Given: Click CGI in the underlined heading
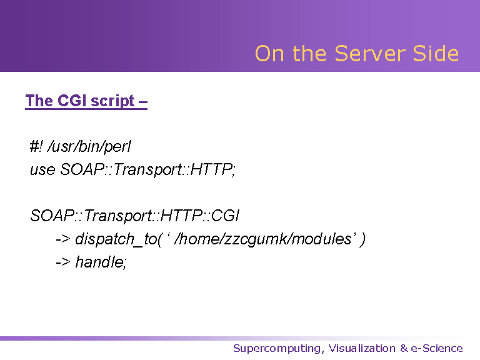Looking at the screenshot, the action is point(72,101).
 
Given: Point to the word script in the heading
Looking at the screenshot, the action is point(113,101).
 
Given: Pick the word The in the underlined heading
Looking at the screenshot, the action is point(39,101).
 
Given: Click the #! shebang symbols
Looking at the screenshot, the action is point(36,146).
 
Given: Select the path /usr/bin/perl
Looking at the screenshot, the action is point(89,147).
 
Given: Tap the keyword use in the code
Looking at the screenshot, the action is point(42,170).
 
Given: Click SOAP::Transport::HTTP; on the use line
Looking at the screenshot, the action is point(147,170).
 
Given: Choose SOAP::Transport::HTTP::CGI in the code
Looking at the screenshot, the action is point(135,216).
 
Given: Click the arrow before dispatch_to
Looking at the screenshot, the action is point(62,239).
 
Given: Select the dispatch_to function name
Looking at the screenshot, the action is point(116,239).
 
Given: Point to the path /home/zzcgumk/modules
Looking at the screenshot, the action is point(262,239).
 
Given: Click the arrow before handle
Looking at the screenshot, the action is point(62,262).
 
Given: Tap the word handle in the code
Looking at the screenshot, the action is point(99,262).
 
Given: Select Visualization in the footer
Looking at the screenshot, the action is point(362,348).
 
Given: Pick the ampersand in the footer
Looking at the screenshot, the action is point(404,348).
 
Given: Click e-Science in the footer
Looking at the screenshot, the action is point(437,348).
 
